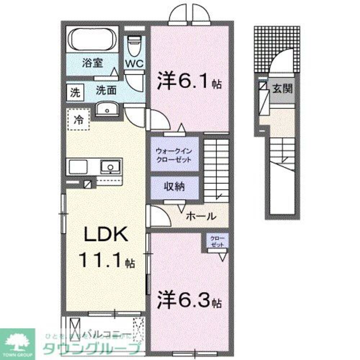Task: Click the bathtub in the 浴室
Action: point(93,40)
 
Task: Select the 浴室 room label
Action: point(93,63)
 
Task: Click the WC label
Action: point(134,63)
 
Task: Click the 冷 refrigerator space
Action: point(78,120)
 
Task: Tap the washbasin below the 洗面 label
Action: point(107,109)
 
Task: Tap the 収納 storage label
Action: point(175,186)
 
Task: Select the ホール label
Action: point(201,216)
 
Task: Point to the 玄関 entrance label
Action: point(282,89)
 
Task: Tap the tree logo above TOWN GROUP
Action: point(17,340)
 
